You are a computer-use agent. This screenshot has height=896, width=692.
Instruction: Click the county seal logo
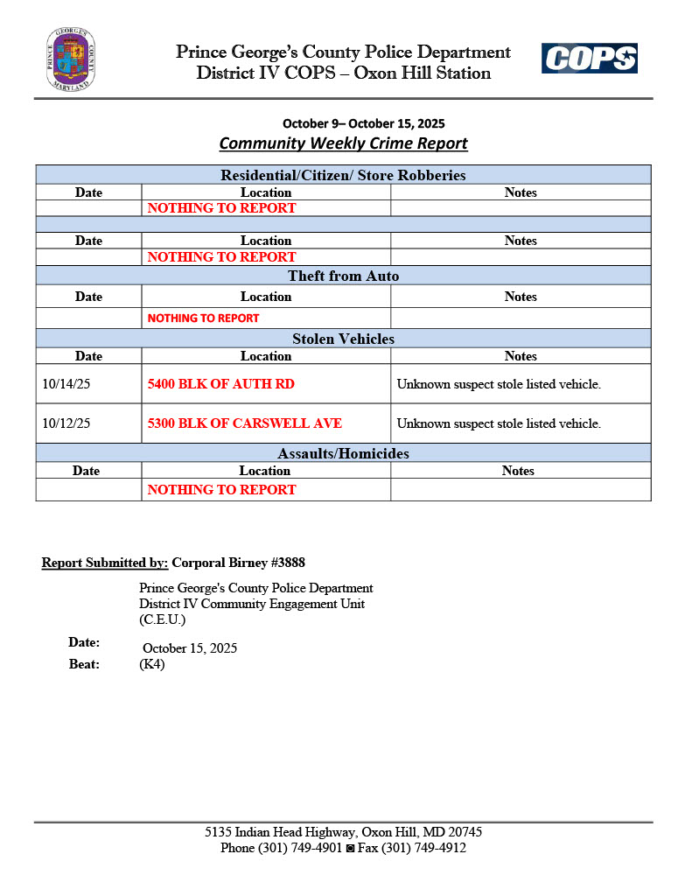pos(71,59)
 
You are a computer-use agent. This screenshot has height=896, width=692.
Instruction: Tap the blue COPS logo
pos(589,59)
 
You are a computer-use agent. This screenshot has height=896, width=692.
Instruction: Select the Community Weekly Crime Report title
pos(343,143)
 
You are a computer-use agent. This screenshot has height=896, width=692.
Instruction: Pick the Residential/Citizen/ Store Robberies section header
pos(343,175)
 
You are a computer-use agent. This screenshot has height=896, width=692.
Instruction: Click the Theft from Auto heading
pos(343,276)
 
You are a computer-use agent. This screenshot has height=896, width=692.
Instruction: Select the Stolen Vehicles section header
pos(343,339)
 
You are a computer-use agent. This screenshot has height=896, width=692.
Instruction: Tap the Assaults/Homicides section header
pos(343,453)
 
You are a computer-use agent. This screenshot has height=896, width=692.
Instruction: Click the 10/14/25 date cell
pos(66,384)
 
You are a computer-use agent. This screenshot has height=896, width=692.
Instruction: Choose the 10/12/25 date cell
pos(66,423)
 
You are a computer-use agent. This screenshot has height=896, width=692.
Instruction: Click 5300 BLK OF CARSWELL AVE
pos(245,423)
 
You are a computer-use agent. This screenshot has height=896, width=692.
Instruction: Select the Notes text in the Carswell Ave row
pos(499,423)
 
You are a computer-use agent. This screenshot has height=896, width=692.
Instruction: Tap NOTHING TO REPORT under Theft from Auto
pos(203,318)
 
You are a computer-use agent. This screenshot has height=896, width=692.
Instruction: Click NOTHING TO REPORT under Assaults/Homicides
pos(221,490)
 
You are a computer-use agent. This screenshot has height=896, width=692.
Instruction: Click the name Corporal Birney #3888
pos(238,562)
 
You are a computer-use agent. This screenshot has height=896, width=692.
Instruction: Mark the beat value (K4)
pos(152,664)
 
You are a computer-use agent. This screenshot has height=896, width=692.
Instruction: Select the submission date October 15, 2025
pos(190,648)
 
